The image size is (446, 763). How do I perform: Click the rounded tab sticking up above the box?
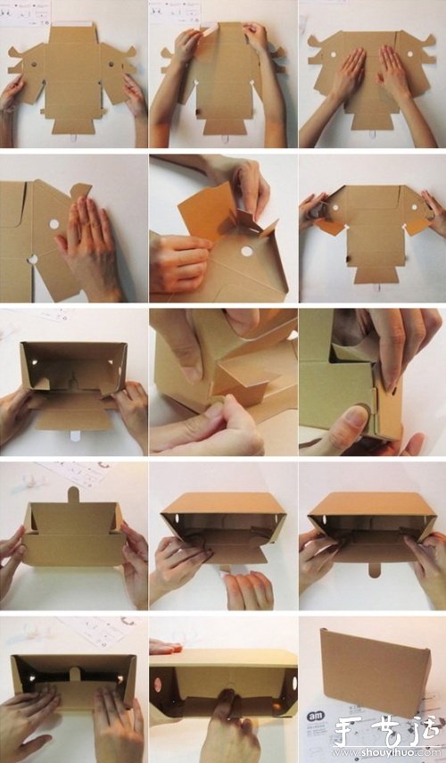[73, 494]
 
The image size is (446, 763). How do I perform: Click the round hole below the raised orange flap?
[246, 251]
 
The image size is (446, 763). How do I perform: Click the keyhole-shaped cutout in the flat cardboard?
[32, 260]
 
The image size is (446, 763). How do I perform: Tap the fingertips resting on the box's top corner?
[165, 645]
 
